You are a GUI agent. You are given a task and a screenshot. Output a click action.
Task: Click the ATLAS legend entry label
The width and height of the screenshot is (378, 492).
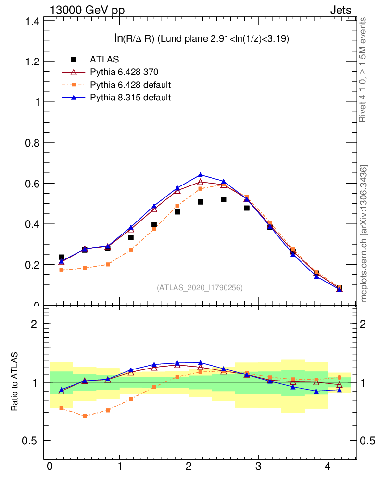pos(104,60)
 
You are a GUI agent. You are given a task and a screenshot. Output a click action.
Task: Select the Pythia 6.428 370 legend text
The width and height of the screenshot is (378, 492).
pos(124,72)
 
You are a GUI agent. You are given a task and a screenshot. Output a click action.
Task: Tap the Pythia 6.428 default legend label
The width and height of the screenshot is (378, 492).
pos(130,85)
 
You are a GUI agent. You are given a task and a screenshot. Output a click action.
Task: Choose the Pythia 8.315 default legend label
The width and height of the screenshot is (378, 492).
pos(130,98)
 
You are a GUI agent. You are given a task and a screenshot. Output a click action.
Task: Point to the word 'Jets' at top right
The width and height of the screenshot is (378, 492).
pos(340,10)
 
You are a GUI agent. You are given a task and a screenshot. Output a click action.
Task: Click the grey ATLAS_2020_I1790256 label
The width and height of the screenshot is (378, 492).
pos(200,287)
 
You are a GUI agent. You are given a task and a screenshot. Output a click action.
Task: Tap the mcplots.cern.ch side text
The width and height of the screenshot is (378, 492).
pos(364,234)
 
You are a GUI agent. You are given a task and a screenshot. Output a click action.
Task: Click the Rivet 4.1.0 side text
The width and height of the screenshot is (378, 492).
pos(364,70)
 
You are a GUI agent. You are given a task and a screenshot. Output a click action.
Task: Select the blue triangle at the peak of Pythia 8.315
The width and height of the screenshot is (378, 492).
pos(201,175)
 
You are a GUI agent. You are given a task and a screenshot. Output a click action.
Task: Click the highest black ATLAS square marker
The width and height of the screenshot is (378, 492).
pos(224,199)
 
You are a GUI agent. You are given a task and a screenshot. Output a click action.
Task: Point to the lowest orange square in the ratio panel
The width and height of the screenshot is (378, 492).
pos(85,416)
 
